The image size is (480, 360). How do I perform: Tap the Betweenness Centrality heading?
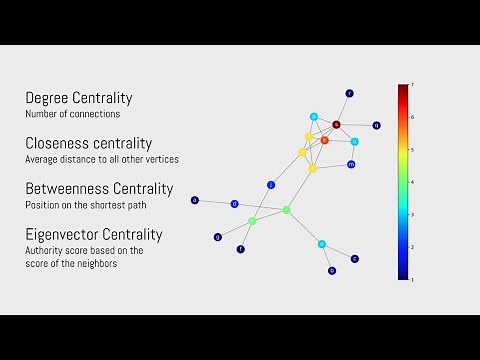point(99,188)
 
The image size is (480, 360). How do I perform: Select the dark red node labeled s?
point(336,125)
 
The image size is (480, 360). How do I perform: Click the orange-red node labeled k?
point(324,140)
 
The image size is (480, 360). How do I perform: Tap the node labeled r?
point(349,93)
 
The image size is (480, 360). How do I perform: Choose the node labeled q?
point(376,126)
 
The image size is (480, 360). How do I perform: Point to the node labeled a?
point(195,200)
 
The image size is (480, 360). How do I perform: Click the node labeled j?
point(270,185)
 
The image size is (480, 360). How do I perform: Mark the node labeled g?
point(217,237)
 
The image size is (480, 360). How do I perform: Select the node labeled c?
point(354,258)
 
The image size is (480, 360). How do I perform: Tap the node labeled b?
point(332,270)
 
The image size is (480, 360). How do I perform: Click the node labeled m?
point(351,164)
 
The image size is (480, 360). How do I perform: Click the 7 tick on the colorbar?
point(413,86)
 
